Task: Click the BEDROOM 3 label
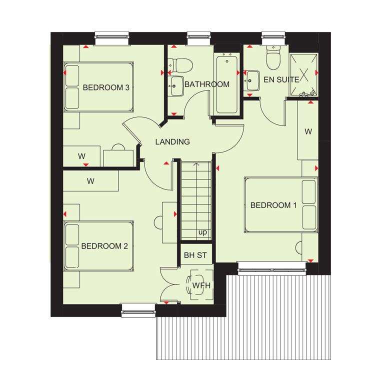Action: (106, 87)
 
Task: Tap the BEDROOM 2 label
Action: (104, 246)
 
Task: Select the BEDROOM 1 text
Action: (273, 205)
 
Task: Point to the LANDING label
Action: (172, 142)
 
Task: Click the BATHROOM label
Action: (207, 84)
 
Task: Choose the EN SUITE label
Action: (281, 79)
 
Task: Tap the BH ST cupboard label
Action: (195, 255)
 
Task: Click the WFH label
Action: (201, 285)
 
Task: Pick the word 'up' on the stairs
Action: (202, 232)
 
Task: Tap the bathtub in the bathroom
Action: (227, 84)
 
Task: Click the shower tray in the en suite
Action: (304, 74)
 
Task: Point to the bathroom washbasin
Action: (176, 86)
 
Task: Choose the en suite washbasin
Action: (252, 80)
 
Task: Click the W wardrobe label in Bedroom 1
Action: (308, 131)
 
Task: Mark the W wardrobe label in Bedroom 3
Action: (81, 156)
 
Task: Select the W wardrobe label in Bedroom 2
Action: (90, 181)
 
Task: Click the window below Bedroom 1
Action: (272, 269)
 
